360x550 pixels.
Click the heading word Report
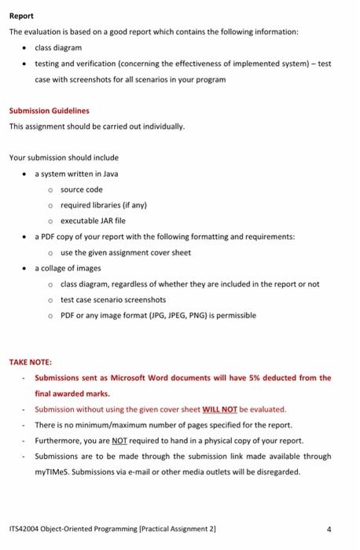20,15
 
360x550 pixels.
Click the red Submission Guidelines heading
49,111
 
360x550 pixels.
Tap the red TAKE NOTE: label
30,362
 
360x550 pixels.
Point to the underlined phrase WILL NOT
220,409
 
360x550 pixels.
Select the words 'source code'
82,189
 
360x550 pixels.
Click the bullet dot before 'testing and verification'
25,63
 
